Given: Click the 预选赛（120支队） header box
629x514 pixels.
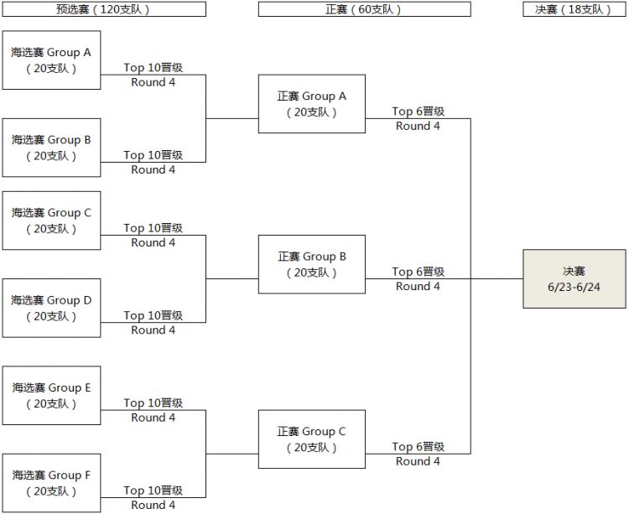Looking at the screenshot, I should [x=104, y=9].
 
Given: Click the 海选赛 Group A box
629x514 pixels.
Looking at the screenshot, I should [x=51, y=60].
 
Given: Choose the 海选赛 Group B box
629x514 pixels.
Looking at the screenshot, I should [x=51, y=148].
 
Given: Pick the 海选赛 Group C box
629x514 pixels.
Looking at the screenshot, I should [x=51, y=221].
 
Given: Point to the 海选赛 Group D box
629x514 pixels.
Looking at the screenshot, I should [x=51, y=308].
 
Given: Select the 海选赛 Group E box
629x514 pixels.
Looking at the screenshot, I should [x=51, y=396].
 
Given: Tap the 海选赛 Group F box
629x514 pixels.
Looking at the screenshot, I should [x=51, y=483].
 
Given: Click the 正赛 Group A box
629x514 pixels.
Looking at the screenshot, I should [x=312, y=104].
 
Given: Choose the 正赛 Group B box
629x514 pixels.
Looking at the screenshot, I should [x=312, y=264].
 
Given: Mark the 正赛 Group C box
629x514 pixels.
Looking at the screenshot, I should [x=312, y=439].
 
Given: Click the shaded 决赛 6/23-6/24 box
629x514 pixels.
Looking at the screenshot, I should [x=574, y=278].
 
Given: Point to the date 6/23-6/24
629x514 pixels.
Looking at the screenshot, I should [x=574, y=287].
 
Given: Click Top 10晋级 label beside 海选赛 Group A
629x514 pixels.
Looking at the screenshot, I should [x=153, y=67].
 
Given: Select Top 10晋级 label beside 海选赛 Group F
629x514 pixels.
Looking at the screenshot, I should [x=153, y=491].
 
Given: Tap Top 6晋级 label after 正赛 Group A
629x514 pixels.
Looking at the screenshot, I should [x=418, y=111].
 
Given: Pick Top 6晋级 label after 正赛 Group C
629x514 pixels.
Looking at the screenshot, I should [x=418, y=447].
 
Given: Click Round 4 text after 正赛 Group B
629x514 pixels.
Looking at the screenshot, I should [x=418, y=287].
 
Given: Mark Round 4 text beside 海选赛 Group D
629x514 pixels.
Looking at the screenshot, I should [x=153, y=330].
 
